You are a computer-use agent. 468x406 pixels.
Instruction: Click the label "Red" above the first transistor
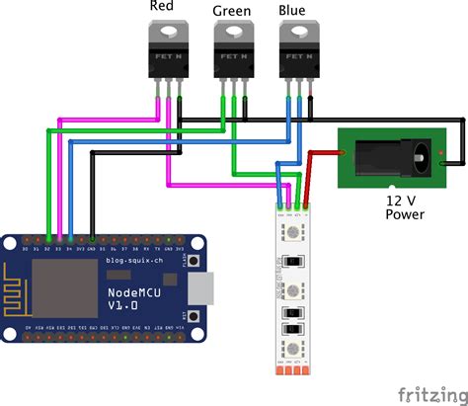coord(163,7)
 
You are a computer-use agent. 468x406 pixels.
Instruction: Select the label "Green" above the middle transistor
coord(232,12)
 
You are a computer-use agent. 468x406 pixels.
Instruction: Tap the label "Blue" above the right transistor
coord(292,12)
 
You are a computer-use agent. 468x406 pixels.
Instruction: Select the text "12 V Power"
coord(405,205)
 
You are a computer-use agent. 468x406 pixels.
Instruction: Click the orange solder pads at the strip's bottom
coord(292,370)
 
